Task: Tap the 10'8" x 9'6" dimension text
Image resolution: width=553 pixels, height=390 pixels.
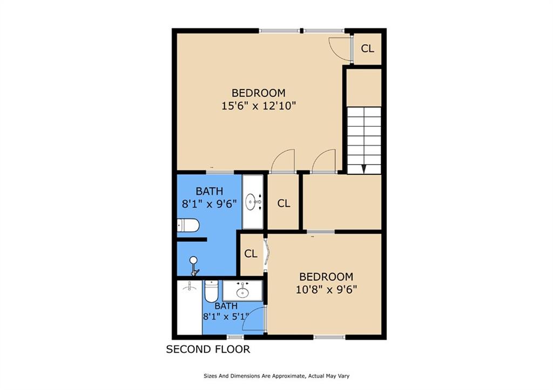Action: click(326, 289)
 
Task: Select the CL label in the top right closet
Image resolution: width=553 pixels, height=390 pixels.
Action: click(367, 49)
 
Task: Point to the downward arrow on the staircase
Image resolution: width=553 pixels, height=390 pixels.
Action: click(363, 168)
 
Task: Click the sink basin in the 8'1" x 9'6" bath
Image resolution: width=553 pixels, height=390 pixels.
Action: click(252, 203)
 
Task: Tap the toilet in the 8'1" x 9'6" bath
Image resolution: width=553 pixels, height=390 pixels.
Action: click(188, 225)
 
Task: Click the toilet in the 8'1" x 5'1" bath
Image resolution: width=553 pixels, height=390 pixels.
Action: click(211, 291)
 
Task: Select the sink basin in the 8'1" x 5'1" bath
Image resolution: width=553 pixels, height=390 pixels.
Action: click(242, 293)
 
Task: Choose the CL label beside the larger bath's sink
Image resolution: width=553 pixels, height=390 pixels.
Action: click(284, 203)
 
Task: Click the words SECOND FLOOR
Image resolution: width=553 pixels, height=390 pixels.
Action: click(207, 350)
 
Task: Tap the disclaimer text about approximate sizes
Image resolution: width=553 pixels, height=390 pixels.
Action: click(278, 376)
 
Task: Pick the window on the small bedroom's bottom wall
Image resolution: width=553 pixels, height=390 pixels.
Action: click(329, 337)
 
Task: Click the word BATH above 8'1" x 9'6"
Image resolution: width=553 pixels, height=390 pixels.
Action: click(209, 191)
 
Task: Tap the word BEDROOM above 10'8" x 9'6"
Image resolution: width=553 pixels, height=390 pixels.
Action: click(326, 277)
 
